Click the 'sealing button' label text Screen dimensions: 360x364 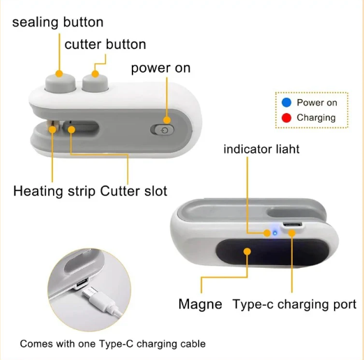click(58, 22)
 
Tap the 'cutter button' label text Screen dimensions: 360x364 click(105, 45)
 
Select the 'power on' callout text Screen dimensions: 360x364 click(160, 68)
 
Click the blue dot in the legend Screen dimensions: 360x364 click(286, 103)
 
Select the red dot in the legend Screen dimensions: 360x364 click(286, 117)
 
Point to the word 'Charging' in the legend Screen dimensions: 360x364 click(316, 118)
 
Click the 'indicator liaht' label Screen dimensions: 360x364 click(261, 149)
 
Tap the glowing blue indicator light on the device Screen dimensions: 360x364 click(275, 233)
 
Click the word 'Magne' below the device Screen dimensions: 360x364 click(200, 304)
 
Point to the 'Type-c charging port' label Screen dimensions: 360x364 click(294, 304)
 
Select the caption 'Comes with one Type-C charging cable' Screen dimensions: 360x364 click(112, 344)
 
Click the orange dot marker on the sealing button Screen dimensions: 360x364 click(59, 73)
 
